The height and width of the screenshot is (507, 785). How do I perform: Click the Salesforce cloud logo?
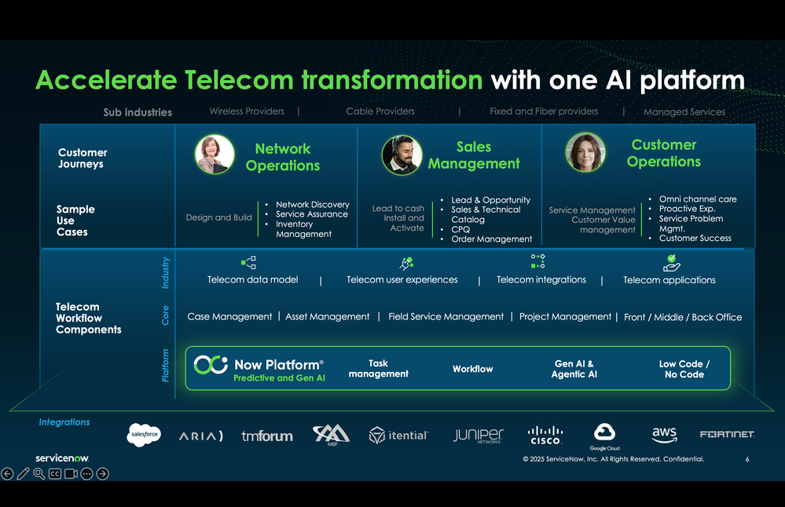point(144,434)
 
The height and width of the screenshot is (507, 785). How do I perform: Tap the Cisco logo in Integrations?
point(545,435)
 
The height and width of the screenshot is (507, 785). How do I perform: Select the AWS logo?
point(664,434)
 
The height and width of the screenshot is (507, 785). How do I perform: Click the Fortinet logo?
point(727,434)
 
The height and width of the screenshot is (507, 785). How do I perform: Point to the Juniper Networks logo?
point(478,435)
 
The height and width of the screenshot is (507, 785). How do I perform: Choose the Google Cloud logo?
point(605,435)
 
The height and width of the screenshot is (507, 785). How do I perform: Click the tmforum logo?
point(267,436)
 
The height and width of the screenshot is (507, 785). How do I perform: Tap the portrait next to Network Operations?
point(215,154)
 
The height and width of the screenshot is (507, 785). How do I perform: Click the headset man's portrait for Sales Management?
point(402,155)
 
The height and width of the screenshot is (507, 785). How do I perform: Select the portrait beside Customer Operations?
point(585,152)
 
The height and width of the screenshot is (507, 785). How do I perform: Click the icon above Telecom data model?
point(248,263)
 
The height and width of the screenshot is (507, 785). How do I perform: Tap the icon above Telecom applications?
point(671,262)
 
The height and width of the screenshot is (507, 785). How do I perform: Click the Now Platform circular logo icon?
point(211,365)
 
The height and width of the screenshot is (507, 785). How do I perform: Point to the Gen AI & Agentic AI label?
point(574,369)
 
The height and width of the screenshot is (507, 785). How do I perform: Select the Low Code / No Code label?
point(684,369)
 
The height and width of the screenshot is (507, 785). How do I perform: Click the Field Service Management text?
point(446,316)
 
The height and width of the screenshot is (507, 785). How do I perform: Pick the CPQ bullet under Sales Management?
point(460,229)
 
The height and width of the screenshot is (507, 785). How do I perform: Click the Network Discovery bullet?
point(312,204)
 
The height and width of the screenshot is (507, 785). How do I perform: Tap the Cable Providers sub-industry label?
point(380,111)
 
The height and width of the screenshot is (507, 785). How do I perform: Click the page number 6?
point(747,459)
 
